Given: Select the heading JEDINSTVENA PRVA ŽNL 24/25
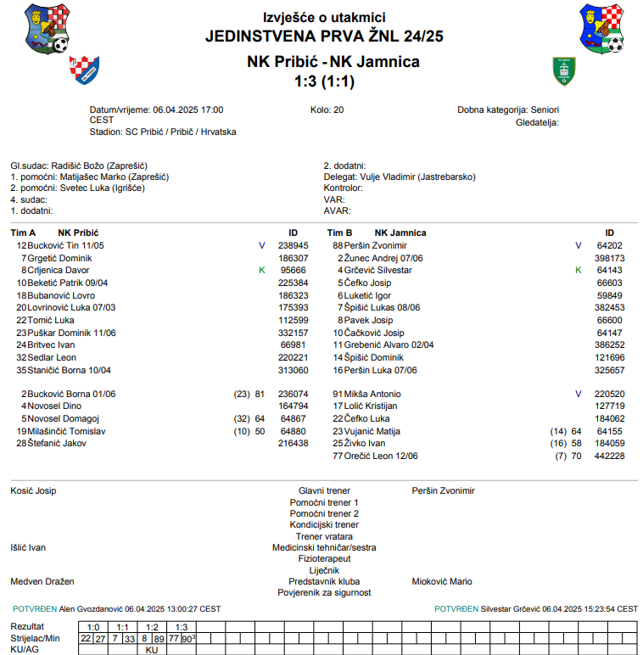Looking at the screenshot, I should (x=324, y=36).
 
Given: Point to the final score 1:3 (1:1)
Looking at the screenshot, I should (x=324, y=82).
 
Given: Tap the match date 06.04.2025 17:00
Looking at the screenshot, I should (x=187, y=110).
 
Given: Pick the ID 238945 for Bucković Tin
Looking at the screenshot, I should (x=294, y=245).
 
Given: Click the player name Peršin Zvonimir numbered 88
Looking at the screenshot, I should (x=376, y=245).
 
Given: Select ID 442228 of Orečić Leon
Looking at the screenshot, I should (x=610, y=456).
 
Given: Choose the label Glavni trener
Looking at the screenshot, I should (x=324, y=490).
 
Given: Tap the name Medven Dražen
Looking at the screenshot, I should (x=42, y=581).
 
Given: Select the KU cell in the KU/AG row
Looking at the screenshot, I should (x=152, y=649).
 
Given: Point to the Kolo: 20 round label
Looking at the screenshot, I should (x=327, y=110).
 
